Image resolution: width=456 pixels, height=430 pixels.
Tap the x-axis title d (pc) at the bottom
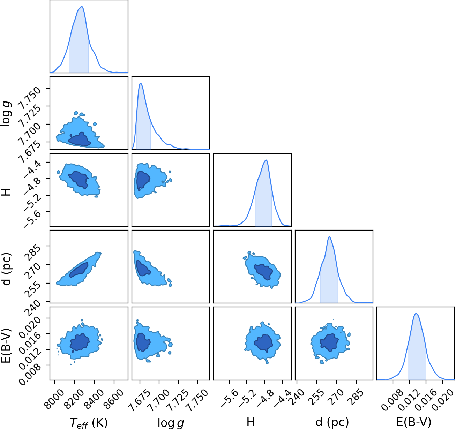pos(332,422)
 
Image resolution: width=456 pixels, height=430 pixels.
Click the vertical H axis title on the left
pos(7,192)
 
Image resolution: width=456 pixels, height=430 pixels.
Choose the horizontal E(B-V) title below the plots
pos(414,422)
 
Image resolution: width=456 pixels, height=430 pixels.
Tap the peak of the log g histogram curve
pos(141,83)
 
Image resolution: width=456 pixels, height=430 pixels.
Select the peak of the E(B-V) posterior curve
pos(416,314)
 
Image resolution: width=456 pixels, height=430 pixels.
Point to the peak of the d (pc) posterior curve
pos(329,237)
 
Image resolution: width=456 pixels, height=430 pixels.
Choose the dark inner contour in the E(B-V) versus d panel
pos(330,343)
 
